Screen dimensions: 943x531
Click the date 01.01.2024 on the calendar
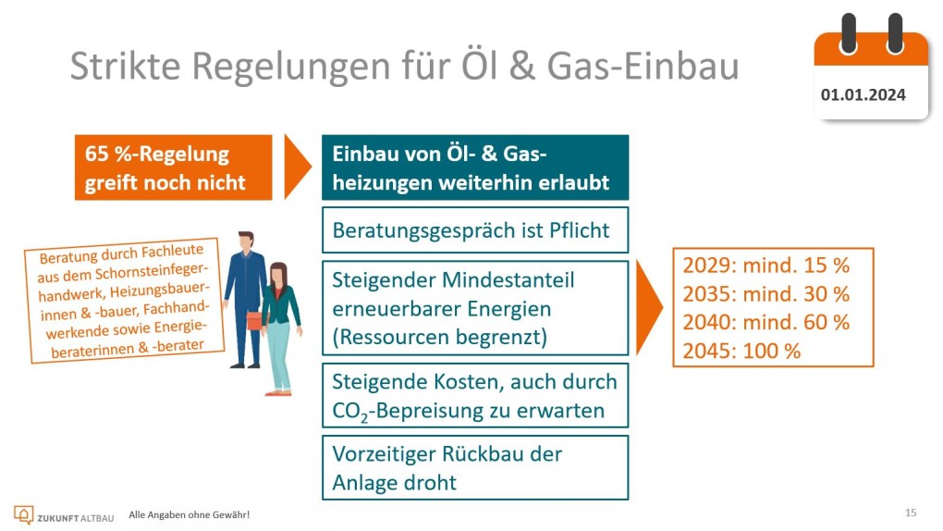[x=863, y=94]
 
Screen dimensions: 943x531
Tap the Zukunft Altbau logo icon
[x=23, y=514]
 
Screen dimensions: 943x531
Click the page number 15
[x=911, y=512]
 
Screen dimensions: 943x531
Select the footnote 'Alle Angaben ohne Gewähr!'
[x=189, y=514]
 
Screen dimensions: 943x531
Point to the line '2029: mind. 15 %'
[x=765, y=265]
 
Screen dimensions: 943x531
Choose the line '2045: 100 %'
[x=741, y=351]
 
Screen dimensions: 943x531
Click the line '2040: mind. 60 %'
[x=765, y=322]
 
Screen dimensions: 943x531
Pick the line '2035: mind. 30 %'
[x=765, y=294]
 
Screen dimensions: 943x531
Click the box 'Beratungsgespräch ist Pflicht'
[x=475, y=230]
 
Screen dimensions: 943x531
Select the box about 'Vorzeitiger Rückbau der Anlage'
[x=475, y=468]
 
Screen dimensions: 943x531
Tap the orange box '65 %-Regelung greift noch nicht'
[x=173, y=167]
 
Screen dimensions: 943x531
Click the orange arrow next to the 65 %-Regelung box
[x=297, y=167]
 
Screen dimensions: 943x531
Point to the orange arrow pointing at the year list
[x=649, y=308]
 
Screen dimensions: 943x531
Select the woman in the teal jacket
[x=278, y=328]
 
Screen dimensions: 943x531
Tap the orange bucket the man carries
[x=254, y=321]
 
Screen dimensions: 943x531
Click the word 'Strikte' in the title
[x=125, y=66]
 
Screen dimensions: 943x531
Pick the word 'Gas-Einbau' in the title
[x=643, y=66]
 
